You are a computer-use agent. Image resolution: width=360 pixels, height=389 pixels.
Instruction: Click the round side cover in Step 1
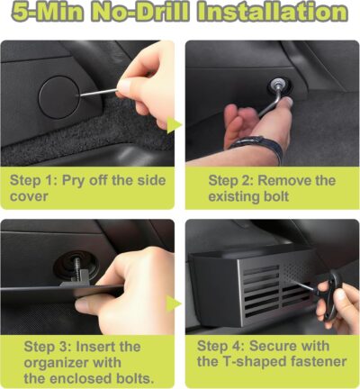(x=59, y=96)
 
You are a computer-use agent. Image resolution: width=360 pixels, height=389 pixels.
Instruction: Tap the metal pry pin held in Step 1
(x=99, y=93)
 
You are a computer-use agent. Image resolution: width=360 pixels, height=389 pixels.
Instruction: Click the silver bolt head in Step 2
(x=275, y=86)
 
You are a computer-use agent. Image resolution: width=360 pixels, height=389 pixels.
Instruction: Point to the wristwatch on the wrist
(x=258, y=146)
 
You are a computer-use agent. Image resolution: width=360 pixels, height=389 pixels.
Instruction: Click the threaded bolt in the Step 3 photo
(x=76, y=268)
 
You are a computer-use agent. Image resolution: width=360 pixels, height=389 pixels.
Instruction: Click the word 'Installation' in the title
(x=272, y=12)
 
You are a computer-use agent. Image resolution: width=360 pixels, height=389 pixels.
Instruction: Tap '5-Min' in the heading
(x=47, y=12)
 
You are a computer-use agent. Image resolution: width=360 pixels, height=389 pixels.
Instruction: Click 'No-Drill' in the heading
(x=139, y=12)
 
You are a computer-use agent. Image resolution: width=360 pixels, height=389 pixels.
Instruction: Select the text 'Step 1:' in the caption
(x=33, y=181)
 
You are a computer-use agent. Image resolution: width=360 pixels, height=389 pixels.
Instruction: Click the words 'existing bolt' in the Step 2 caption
(x=248, y=196)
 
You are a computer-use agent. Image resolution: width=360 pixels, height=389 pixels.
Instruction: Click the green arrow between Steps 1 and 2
(x=174, y=125)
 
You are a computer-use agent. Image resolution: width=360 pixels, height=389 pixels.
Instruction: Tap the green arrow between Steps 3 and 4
(x=174, y=303)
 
